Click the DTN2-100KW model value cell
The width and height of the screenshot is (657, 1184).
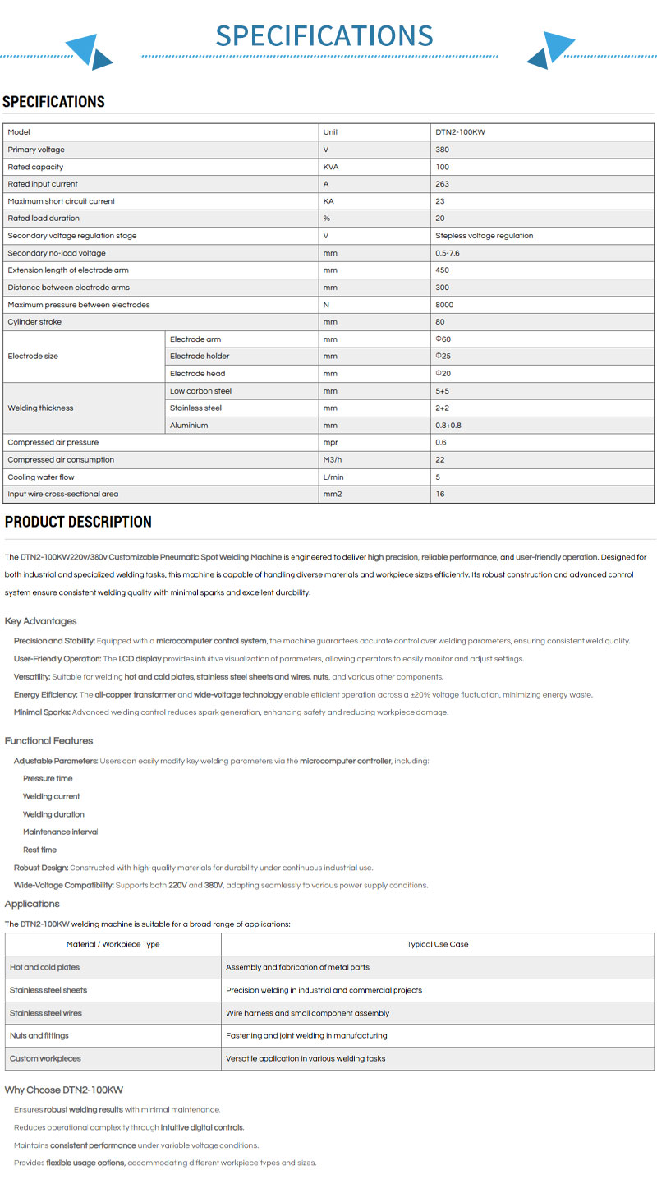(x=466, y=132)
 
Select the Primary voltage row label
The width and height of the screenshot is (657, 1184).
(x=36, y=150)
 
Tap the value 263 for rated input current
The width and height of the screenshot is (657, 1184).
(x=443, y=184)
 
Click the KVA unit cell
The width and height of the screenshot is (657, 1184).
(x=332, y=167)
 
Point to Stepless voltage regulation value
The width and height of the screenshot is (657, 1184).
(x=485, y=236)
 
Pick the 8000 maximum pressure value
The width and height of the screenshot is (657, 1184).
(x=444, y=305)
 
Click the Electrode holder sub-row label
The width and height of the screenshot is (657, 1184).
(x=200, y=357)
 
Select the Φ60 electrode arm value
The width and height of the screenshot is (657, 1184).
(x=443, y=339)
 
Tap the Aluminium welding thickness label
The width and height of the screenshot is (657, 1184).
(x=189, y=426)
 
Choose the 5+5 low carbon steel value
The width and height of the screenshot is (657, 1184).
(x=443, y=391)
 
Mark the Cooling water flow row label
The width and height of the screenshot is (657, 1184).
(x=41, y=477)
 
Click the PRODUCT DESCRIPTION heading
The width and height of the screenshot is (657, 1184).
(x=78, y=522)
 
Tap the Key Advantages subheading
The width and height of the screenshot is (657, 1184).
(x=40, y=621)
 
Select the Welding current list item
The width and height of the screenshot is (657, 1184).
(x=52, y=796)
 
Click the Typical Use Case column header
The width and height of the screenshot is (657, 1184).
(x=438, y=944)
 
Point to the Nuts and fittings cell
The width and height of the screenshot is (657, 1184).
(x=39, y=1036)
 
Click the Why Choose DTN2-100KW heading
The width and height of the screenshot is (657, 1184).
(x=64, y=1090)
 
